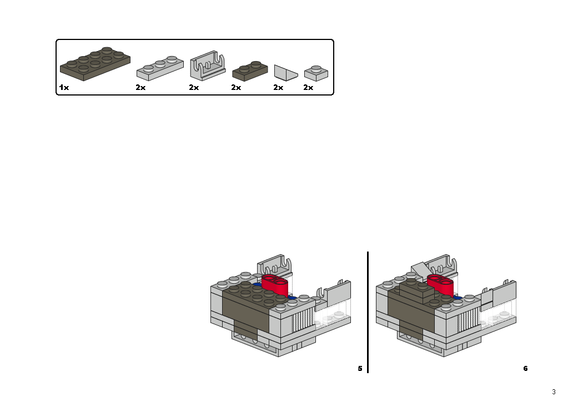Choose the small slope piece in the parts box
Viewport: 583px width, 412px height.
[286, 72]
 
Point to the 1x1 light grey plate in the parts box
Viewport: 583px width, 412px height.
[316, 73]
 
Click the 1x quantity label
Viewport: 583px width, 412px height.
[64, 88]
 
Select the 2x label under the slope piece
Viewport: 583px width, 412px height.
[278, 88]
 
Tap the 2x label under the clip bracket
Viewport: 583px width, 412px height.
[193, 88]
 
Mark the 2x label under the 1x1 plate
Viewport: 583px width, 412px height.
[308, 88]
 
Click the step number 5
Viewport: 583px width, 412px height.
[360, 369]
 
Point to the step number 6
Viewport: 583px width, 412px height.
[525, 369]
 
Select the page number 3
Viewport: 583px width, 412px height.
[553, 392]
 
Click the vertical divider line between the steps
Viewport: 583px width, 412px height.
[368, 311]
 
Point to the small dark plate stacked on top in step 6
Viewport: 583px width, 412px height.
[414, 290]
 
